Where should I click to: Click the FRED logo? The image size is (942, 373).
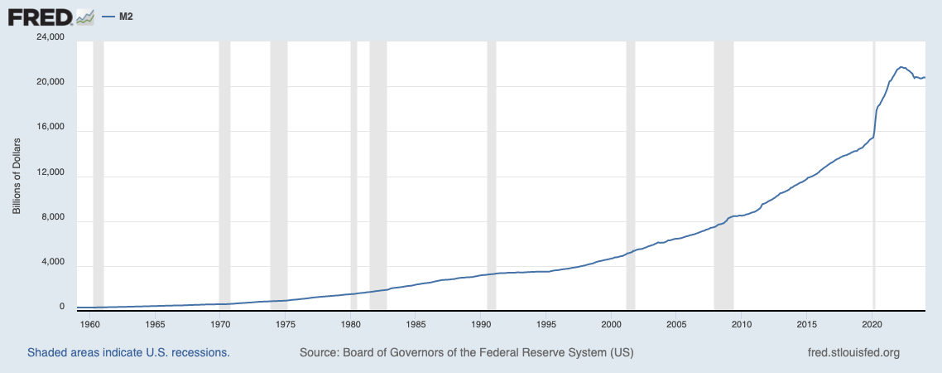[50, 16]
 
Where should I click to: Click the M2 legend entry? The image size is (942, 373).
[120, 16]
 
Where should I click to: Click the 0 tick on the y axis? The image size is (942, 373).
[61, 307]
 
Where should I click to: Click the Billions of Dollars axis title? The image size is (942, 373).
[16, 172]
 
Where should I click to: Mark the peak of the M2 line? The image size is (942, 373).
[901, 66]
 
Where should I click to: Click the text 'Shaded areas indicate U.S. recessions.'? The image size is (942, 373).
[128, 352]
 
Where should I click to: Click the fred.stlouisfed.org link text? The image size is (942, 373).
[853, 352]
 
